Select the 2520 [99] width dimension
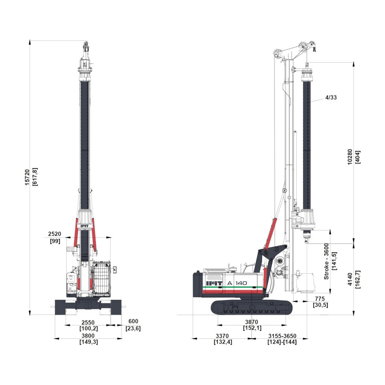(x=55, y=238)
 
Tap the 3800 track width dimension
(x=88, y=339)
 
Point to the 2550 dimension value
(x=88, y=325)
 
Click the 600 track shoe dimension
(x=133, y=325)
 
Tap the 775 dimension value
(x=320, y=302)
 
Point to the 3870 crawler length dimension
(x=252, y=325)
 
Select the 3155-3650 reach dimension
(x=282, y=339)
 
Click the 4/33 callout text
(x=331, y=97)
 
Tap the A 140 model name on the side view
(x=237, y=283)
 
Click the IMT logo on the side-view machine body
(x=214, y=283)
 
